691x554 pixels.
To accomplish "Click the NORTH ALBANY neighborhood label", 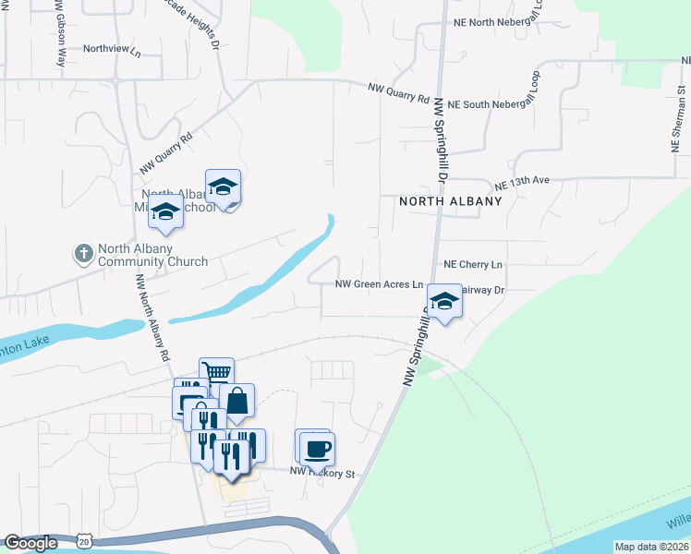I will click(x=450, y=201).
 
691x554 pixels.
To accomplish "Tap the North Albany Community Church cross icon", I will click(x=83, y=253).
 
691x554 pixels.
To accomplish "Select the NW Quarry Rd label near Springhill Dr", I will click(x=399, y=92).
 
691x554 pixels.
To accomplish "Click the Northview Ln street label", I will click(x=112, y=50).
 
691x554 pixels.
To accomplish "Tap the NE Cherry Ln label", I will click(x=473, y=264).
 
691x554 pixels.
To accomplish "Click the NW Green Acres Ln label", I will click(x=379, y=285).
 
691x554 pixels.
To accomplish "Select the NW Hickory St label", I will click(x=322, y=474).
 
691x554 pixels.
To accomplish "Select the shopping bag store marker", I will click(x=237, y=402).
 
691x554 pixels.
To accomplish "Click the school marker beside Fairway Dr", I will click(x=445, y=302).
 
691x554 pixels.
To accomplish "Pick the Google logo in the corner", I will click(x=31, y=543).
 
